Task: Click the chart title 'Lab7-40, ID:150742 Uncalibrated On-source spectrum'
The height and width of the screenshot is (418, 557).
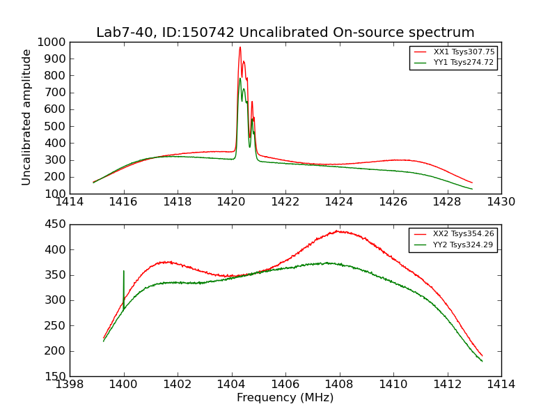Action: point(285,33)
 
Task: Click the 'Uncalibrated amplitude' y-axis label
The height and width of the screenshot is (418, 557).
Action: point(27,117)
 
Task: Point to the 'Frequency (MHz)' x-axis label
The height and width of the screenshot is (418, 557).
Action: point(285,398)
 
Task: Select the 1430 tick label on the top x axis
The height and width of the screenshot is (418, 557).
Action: point(501,202)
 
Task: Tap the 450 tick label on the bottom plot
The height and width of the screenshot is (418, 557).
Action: point(56,224)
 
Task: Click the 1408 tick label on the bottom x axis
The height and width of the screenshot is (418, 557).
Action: point(339,384)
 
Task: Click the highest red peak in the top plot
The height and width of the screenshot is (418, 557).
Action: point(240,47)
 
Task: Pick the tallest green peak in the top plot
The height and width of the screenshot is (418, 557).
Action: point(240,78)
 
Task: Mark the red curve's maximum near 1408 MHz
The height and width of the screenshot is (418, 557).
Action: point(337,231)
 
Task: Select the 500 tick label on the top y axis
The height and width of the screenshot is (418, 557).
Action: point(56,126)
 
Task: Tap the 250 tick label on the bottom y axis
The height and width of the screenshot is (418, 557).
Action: point(56,326)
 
